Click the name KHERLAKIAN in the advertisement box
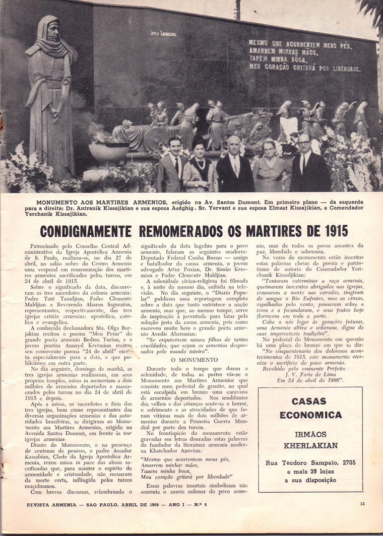tap(310, 445)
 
